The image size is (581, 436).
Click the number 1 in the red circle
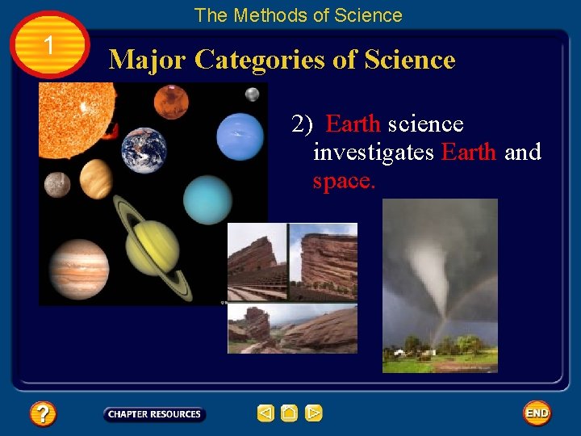coord(50,46)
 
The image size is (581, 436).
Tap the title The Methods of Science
coord(298,15)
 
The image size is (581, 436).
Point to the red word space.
coord(344,181)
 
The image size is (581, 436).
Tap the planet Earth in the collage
coord(144,150)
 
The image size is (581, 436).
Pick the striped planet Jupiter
coord(77,268)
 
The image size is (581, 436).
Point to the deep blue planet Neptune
coord(240,136)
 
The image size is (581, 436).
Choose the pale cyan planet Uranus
coord(207,199)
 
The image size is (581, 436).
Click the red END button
coord(537,413)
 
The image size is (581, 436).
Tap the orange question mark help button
coord(43,414)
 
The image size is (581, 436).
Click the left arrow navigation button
coord(265,414)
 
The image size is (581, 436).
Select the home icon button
coord(290,414)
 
